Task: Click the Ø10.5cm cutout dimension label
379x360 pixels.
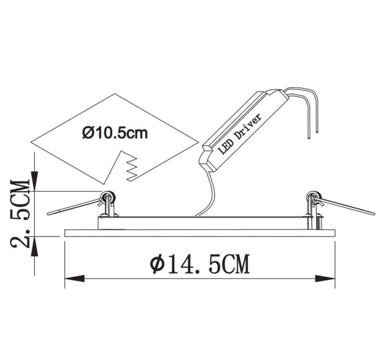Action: pos(115,133)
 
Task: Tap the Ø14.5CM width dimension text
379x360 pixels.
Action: pos(199,264)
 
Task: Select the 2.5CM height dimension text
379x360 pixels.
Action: pos(21,214)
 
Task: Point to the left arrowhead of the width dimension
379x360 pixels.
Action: pos(75,279)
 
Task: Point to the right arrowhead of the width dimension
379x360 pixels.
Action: pos(325,279)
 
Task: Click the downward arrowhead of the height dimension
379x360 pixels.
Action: pos(35,181)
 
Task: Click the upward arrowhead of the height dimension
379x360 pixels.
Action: pos(35,246)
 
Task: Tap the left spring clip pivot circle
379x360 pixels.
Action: pos(108,197)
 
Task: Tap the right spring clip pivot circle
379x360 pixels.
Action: pos(313,197)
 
